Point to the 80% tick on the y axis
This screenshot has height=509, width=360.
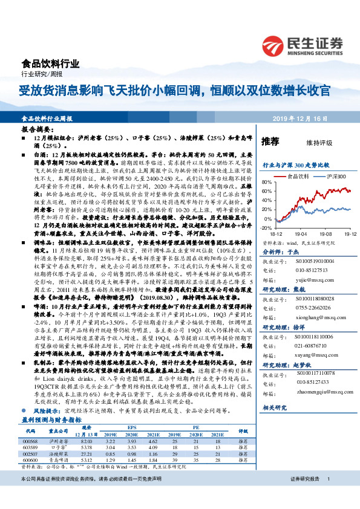(x=266, y=182)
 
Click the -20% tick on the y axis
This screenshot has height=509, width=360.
(x=266, y=228)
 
